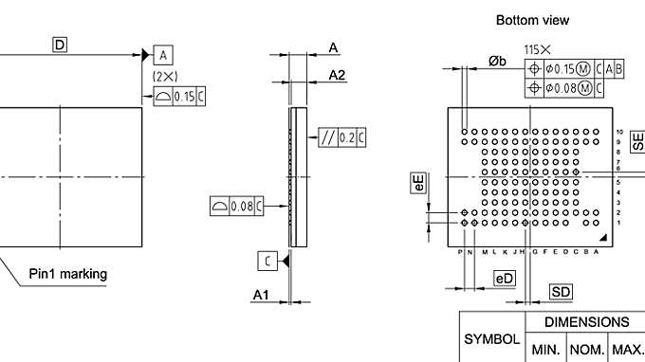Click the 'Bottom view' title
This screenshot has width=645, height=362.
click(532, 19)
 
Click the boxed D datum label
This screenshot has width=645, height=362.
click(60, 45)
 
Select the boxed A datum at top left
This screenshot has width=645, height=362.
click(163, 56)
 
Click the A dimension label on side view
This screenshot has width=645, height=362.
click(334, 47)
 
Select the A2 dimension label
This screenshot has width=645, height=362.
click(337, 74)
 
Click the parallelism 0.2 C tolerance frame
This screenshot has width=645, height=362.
click(342, 138)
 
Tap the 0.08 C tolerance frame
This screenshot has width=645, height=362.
click(236, 205)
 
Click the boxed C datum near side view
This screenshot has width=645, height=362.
click(267, 260)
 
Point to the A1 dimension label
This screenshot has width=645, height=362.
click(261, 296)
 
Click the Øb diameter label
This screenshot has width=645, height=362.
click(497, 61)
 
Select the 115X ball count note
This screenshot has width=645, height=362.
click(538, 48)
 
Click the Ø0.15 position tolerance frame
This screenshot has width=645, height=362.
click(575, 68)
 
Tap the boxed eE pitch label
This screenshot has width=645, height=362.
click(418, 182)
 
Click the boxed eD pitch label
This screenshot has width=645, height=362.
click(505, 278)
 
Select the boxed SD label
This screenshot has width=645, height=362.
click(561, 291)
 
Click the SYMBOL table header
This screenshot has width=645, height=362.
click(491, 338)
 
